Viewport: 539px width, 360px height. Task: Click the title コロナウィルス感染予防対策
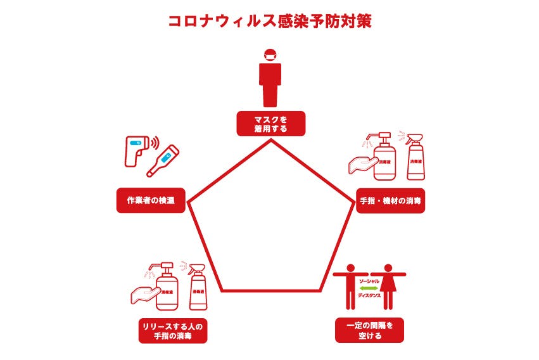269,21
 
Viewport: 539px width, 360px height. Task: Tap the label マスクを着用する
271,124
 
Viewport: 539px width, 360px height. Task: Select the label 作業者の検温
151,200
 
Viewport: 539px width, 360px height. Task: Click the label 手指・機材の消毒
390,200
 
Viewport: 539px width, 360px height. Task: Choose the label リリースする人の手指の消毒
174,331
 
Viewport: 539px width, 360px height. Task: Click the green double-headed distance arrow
370,287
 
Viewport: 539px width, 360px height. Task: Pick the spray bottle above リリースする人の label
197,288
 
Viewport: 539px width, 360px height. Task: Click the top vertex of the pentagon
271,140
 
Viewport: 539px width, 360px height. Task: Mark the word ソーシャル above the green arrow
370,280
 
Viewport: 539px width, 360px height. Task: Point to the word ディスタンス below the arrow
370,295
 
